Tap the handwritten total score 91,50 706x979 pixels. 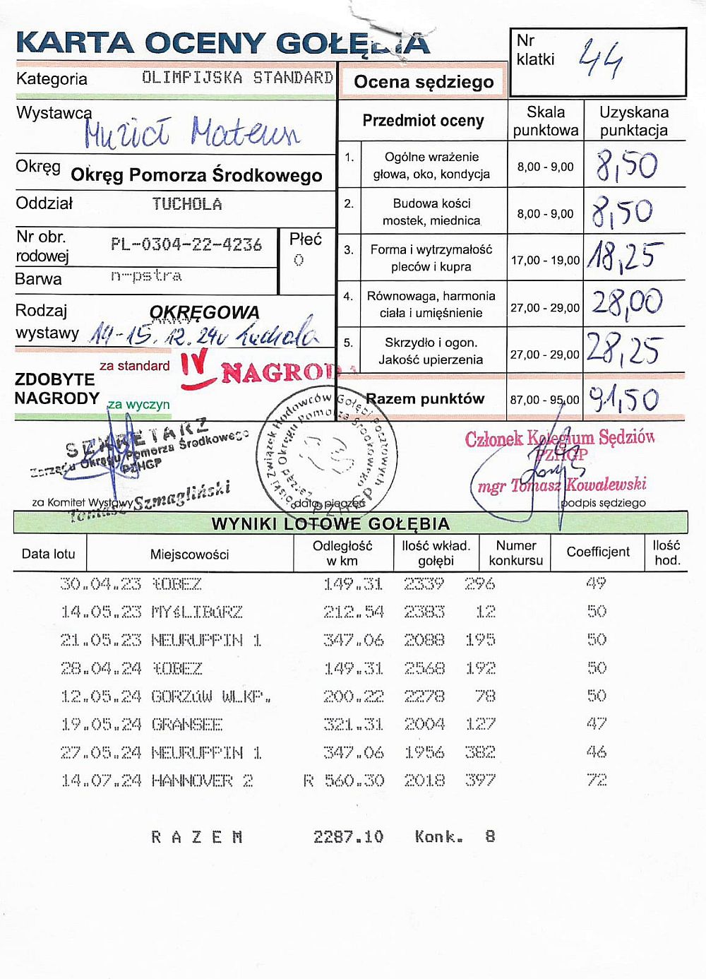(x=624, y=399)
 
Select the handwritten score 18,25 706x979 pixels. (x=626, y=257)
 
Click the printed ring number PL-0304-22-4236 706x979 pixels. (x=186, y=245)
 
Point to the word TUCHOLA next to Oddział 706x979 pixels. (x=187, y=204)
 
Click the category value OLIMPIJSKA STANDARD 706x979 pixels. (x=237, y=78)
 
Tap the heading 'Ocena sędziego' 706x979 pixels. (x=424, y=82)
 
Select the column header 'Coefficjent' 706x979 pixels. (x=598, y=552)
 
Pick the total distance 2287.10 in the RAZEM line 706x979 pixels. (x=349, y=837)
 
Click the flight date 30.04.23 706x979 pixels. (x=100, y=584)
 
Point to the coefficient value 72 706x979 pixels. (x=597, y=780)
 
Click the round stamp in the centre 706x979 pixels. (x=326, y=451)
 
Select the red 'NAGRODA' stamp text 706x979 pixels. (x=281, y=372)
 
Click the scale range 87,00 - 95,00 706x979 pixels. (x=545, y=400)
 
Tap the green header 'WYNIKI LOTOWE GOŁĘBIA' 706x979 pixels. (x=330, y=523)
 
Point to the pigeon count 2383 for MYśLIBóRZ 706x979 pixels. (x=424, y=612)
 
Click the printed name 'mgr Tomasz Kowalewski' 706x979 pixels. (x=562, y=485)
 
